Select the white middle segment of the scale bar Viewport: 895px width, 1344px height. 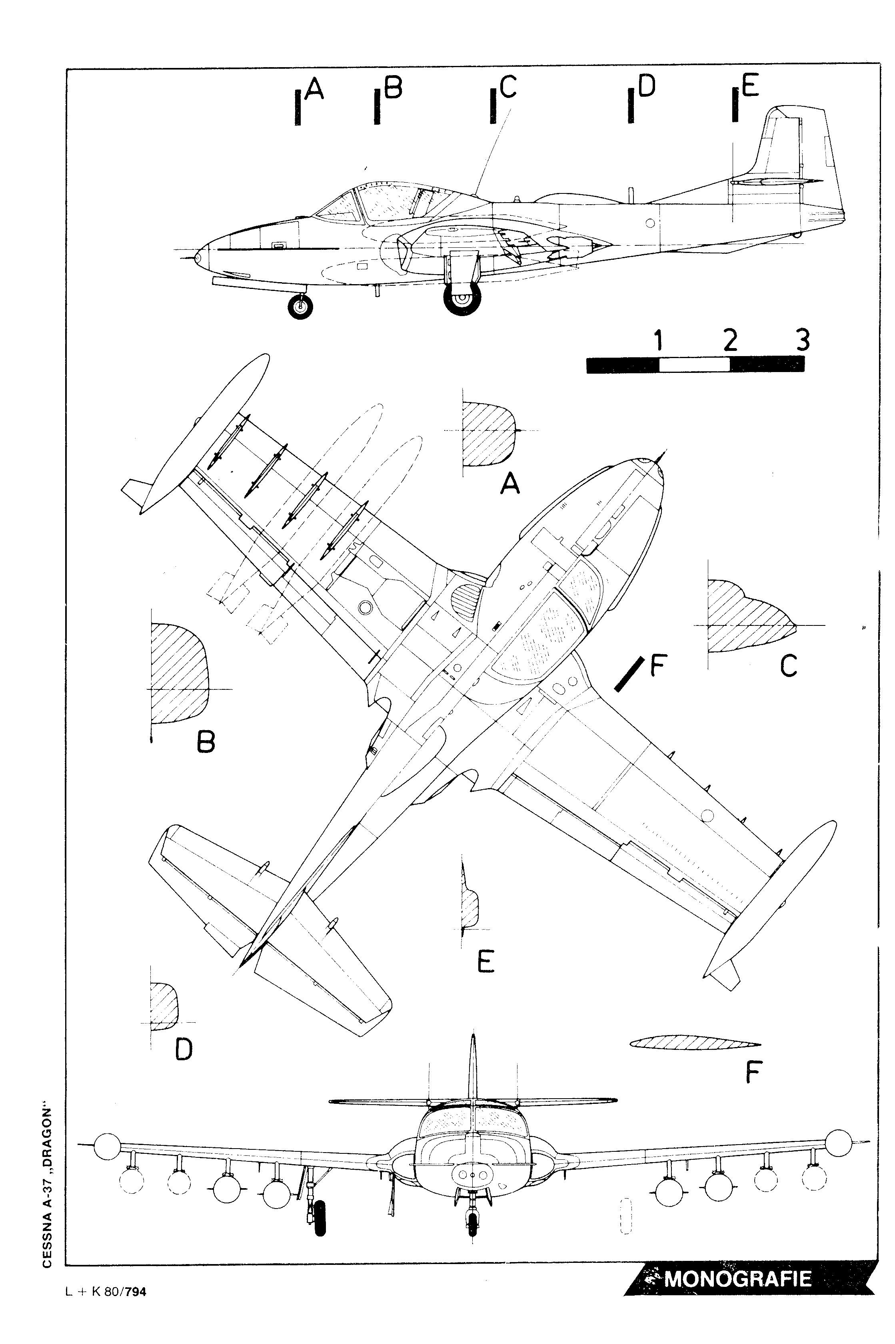pyautogui.click(x=694, y=364)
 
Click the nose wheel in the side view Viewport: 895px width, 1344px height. pyautogui.click(x=301, y=307)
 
